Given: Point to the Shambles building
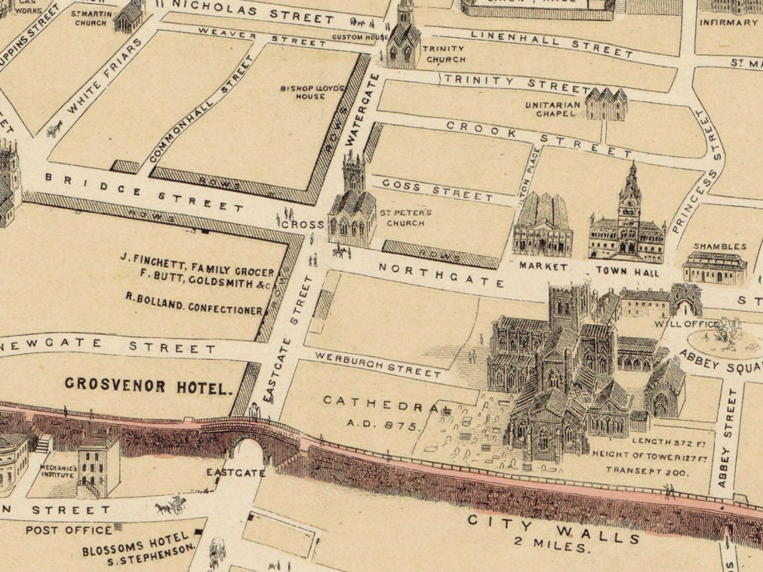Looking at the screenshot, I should tap(714, 267).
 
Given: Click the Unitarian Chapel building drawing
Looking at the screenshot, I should tap(607, 104).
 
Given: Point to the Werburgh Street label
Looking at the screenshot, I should tap(378, 364).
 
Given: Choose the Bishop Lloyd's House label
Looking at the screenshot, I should tap(312, 92).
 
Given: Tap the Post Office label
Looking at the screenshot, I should tap(69, 530).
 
